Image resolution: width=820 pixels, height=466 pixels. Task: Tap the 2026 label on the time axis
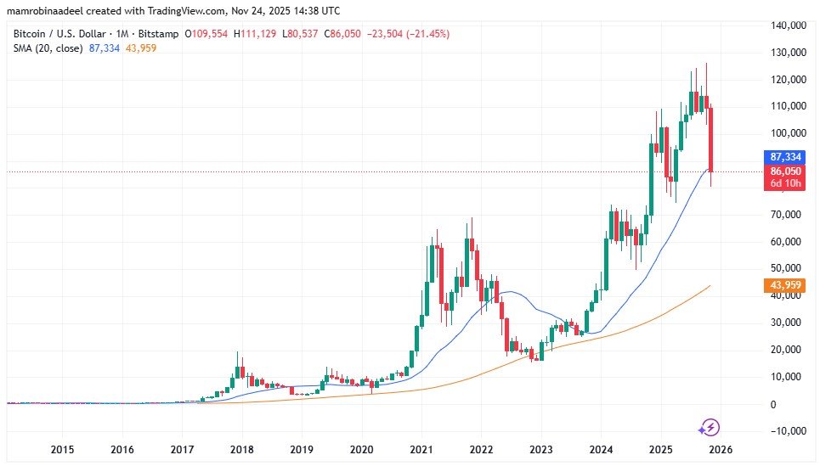pos(721,449)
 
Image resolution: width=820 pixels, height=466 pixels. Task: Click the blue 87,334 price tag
pos(787,158)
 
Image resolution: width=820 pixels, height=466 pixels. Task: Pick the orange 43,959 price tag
pos(787,285)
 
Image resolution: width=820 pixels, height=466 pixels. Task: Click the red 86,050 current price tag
pos(787,171)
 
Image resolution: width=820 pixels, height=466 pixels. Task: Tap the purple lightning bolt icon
pos(710,427)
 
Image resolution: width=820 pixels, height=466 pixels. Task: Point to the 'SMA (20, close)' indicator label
pos(48,48)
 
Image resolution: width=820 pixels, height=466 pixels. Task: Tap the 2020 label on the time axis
pos(362,449)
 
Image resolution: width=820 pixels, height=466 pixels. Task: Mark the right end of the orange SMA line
pos(710,286)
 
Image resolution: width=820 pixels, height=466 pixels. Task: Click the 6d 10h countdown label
pos(787,184)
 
